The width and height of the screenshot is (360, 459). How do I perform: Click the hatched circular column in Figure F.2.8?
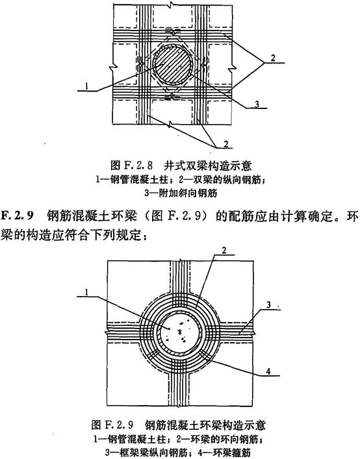coord(173,64)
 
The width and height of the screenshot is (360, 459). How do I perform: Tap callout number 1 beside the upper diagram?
coord(86,86)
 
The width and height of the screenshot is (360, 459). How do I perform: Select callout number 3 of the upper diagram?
coord(257,104)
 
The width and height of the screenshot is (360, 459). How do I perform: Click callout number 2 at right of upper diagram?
coord(273,58)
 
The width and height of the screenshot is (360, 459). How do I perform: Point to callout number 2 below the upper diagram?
coord(225,144)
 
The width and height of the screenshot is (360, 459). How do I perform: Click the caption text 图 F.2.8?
coord(131,166)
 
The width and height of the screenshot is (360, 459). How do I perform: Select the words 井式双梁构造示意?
coord(207,166)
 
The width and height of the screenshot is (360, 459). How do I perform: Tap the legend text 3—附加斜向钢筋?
coord(181,193)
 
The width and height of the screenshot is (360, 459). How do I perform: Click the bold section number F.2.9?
coord(17,216)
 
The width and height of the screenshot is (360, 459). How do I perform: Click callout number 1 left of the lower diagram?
coord(86,292)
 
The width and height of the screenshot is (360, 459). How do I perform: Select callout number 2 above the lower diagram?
coord(224,251)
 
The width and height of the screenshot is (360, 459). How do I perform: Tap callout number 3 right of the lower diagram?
coord(268,304)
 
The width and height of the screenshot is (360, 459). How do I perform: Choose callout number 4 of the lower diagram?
coord(268,371)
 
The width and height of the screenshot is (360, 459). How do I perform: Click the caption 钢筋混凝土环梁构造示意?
coord(205,425)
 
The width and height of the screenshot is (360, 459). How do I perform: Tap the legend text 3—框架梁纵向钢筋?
coord(146,453)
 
